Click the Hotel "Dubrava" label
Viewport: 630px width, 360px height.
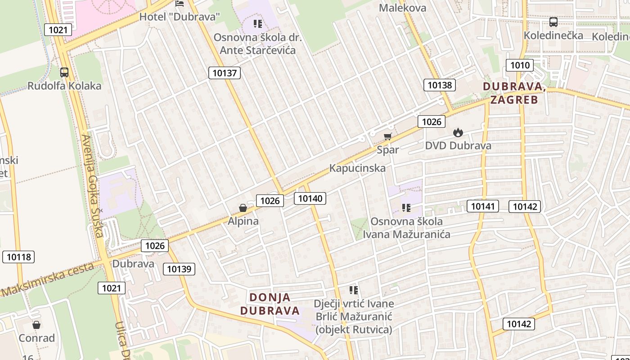pyautogui.click(x=180, y=17)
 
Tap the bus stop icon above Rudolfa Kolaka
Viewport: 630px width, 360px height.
pyautogui.click(x=64, y=72)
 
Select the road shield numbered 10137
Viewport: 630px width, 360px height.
pyautogui.click(x=225, y=73)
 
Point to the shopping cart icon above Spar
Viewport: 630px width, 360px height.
pyautogui.click(x=387, y=136)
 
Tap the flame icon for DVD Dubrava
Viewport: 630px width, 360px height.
pyautogui.click(x=458, y=132)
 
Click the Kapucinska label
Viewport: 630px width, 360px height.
pyautogui.click(x=357, y=168)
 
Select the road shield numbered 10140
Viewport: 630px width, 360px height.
pyautogui.click(x=310, y=198)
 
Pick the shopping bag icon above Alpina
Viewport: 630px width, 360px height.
pyautogui.click(x=243, y=208)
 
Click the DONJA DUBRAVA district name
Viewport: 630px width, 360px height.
pyautogui.click(x=270, y=304)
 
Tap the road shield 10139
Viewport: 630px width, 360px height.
pyautogui.click(x=179, y=269)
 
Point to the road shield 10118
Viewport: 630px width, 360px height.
pyautogui.click(x=19, y=257)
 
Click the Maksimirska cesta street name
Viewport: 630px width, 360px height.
pyautogui.click(x=47, y=279)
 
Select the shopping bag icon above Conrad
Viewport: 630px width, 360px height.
pyautogui.click(x=36, y=325)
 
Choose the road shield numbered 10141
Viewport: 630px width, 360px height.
pyautogui.click(x=483, y=206)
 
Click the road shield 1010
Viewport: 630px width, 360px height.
pyautogui.click(x=520, y=65)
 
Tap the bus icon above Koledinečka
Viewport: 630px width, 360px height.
pyautogui.click(x=553, y=22)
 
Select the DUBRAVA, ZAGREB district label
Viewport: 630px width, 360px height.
pyautogui.click(x=514, y=93)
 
